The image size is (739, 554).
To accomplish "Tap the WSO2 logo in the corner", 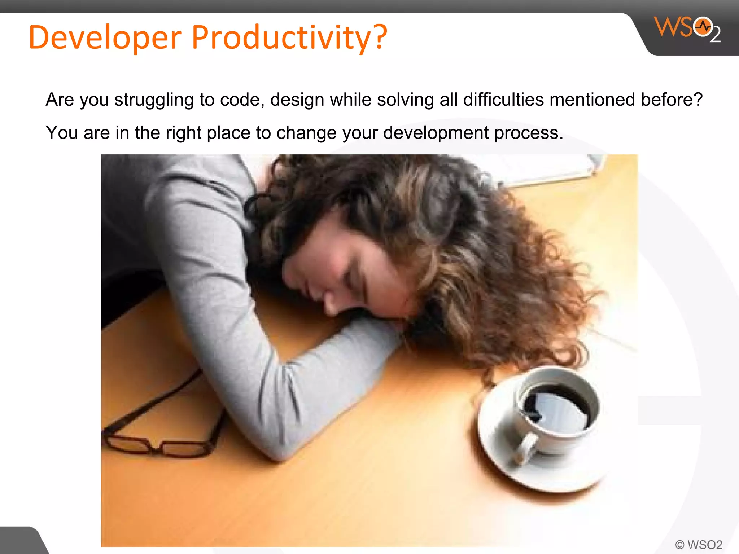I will click(x=687, y=29).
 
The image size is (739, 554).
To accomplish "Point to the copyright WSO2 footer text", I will click(x=699, y=544).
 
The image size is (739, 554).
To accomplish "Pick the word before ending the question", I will click(x=671, y=100).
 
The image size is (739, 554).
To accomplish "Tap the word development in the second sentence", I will click(x=436, y=133).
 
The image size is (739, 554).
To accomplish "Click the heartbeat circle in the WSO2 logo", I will click(x=703, y=27).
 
